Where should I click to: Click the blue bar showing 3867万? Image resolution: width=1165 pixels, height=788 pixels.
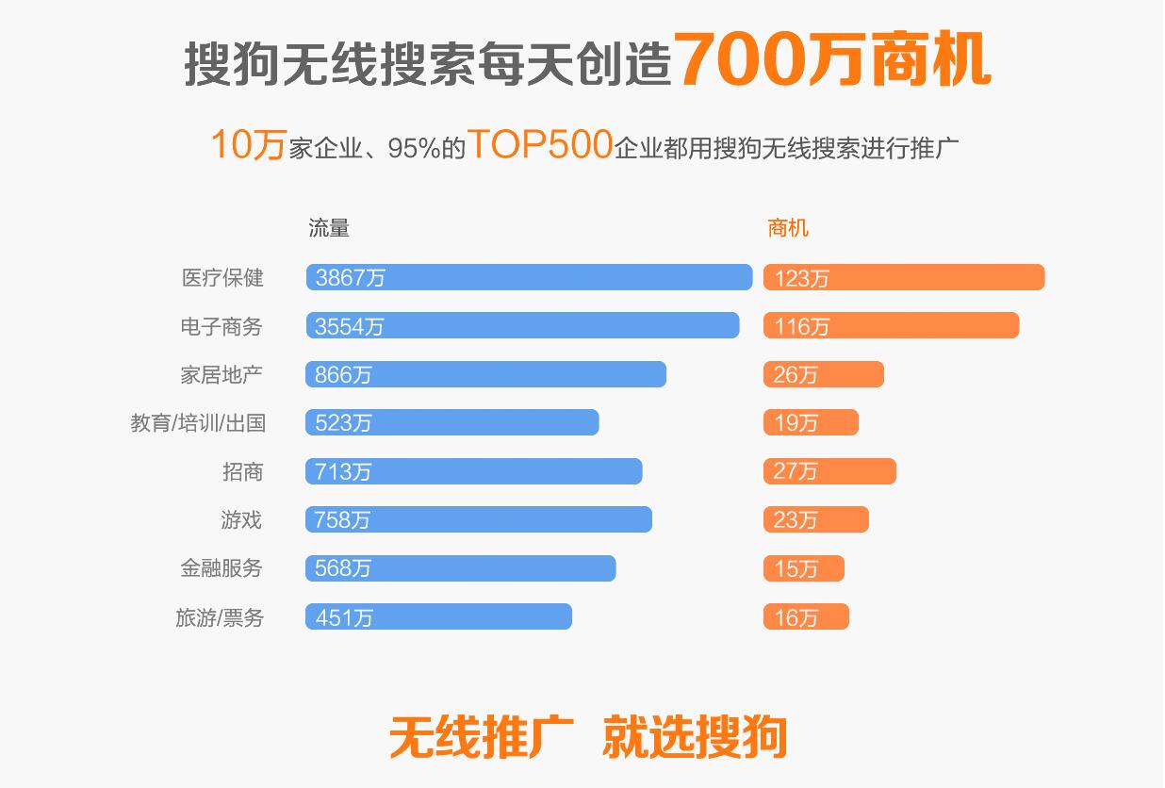[529, 277]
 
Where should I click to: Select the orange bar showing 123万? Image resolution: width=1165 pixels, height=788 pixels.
[904, 277]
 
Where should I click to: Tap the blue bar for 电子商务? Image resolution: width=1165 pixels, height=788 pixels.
[522, 325]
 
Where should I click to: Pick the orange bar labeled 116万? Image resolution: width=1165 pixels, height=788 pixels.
[891, 325]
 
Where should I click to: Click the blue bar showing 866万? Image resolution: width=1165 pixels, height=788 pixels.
[485, 374]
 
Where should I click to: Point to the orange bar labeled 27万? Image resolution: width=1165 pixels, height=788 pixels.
[829, 471]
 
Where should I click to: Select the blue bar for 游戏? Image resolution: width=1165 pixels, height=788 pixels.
[479, 519]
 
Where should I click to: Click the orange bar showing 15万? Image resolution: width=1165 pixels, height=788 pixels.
[804, 568]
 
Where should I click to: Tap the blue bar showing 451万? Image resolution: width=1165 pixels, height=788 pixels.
[438, 616]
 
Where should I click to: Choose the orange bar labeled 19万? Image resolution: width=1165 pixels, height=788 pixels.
[811, 422]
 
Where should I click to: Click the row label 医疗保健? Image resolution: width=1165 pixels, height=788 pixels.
[222, 278]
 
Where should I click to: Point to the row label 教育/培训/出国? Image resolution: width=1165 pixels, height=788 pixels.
[198, 423]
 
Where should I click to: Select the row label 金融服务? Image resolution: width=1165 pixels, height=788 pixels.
[222, 568]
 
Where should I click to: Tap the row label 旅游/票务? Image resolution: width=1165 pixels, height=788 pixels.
[220, 617]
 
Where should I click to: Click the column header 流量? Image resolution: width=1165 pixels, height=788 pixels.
[329, 228]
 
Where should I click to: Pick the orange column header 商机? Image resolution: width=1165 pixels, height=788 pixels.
[788, 228]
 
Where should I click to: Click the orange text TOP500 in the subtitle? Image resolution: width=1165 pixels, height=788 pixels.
[540, 145]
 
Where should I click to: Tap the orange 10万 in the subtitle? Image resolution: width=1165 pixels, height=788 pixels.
[247, 146]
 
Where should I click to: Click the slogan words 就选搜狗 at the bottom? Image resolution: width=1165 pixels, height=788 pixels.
[695, 736]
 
